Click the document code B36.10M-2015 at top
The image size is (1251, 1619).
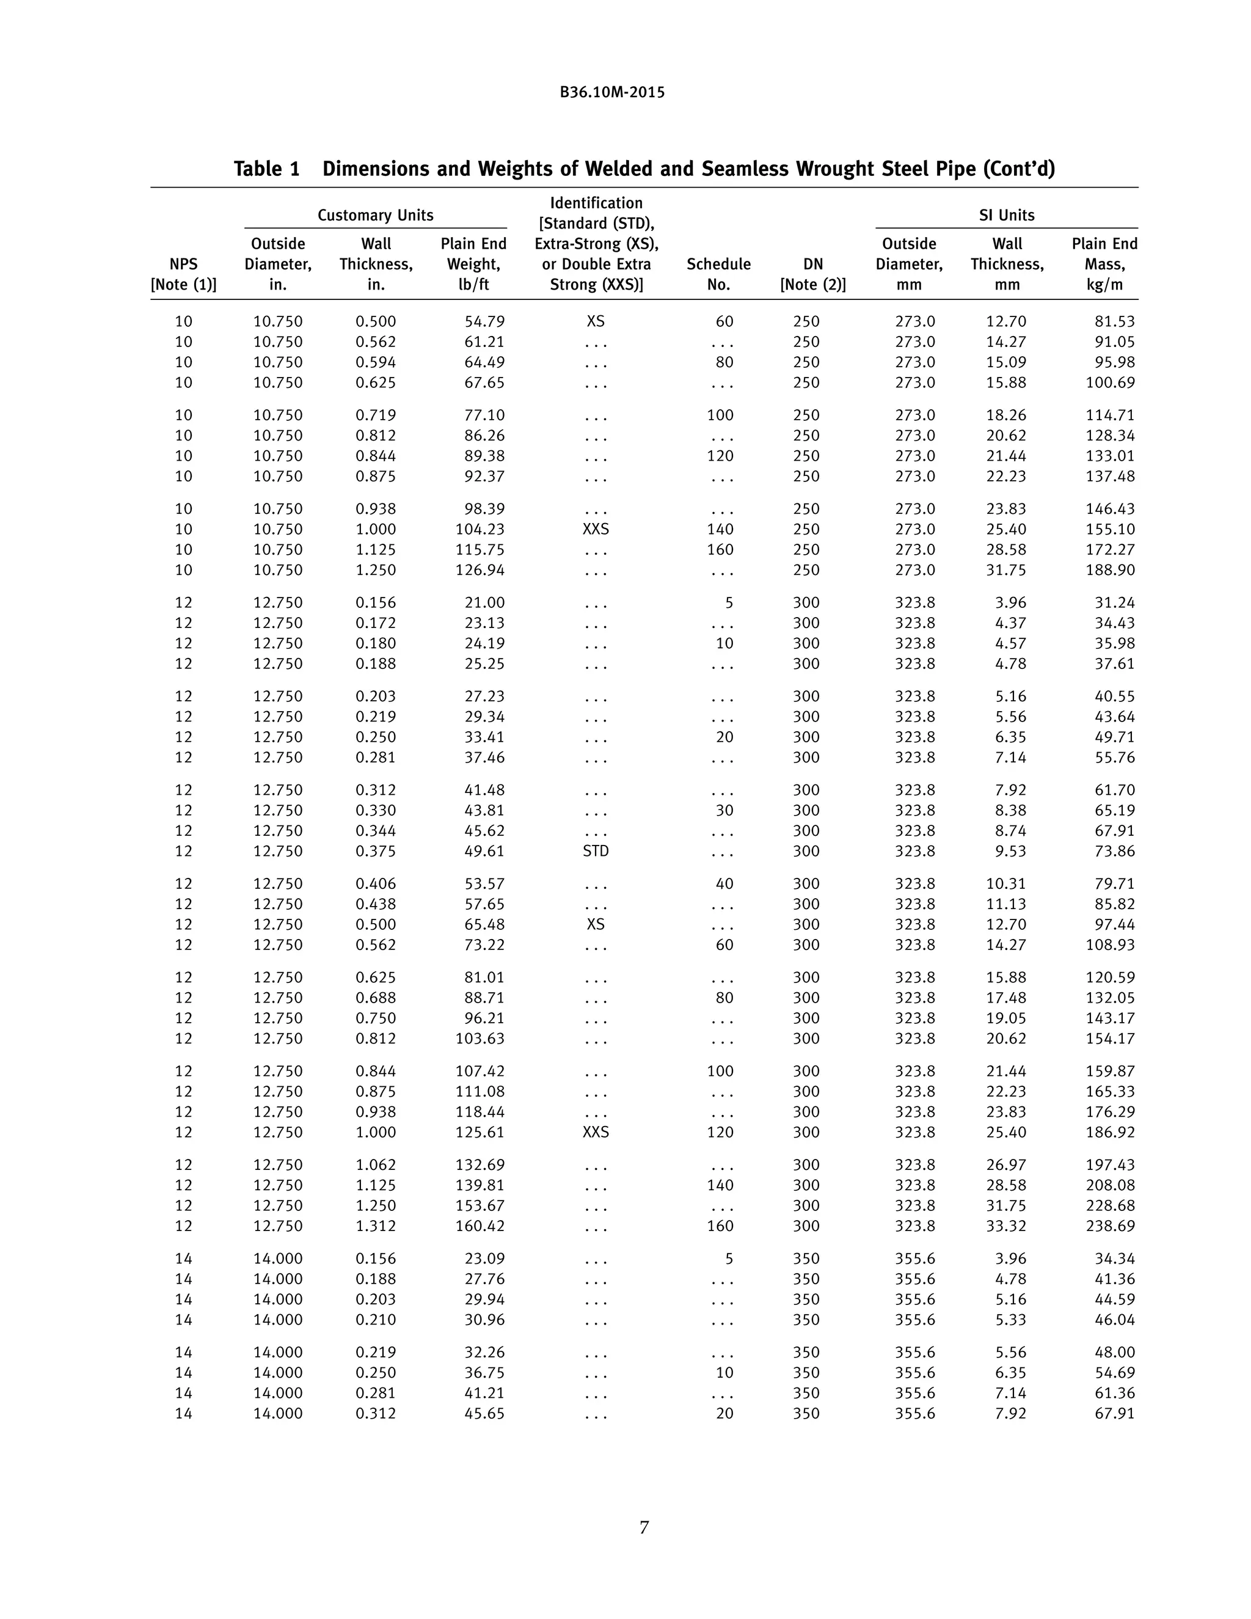[x=612, y=93]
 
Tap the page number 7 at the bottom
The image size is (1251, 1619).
[x=644, y=1527]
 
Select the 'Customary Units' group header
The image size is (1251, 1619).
[x=375, y=215]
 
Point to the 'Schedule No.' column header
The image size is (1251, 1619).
[x=718, y=274]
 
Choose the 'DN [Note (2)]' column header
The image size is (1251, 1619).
[x=812, y=274]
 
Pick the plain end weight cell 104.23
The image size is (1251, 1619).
[x=480, y=529]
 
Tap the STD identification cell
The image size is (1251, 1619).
[x=595, y=851]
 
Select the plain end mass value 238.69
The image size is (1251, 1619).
[x=1110, y=1226]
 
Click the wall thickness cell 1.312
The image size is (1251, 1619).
[x=375, y=1226]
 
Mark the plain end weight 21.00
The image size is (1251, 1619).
[x=484, y=602]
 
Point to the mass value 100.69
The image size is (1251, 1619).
[x=1110, y=382]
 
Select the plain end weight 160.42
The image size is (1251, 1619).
[x=480, y=1226]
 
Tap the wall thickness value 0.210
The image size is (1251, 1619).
[x=375, y=1320]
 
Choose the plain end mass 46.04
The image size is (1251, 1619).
[x=1115, y=1320]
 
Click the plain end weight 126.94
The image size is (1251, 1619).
[x=480, y=570]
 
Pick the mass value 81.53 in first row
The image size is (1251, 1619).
[x=1115, y=322]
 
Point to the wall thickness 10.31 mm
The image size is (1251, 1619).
[x=1005, y=883]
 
